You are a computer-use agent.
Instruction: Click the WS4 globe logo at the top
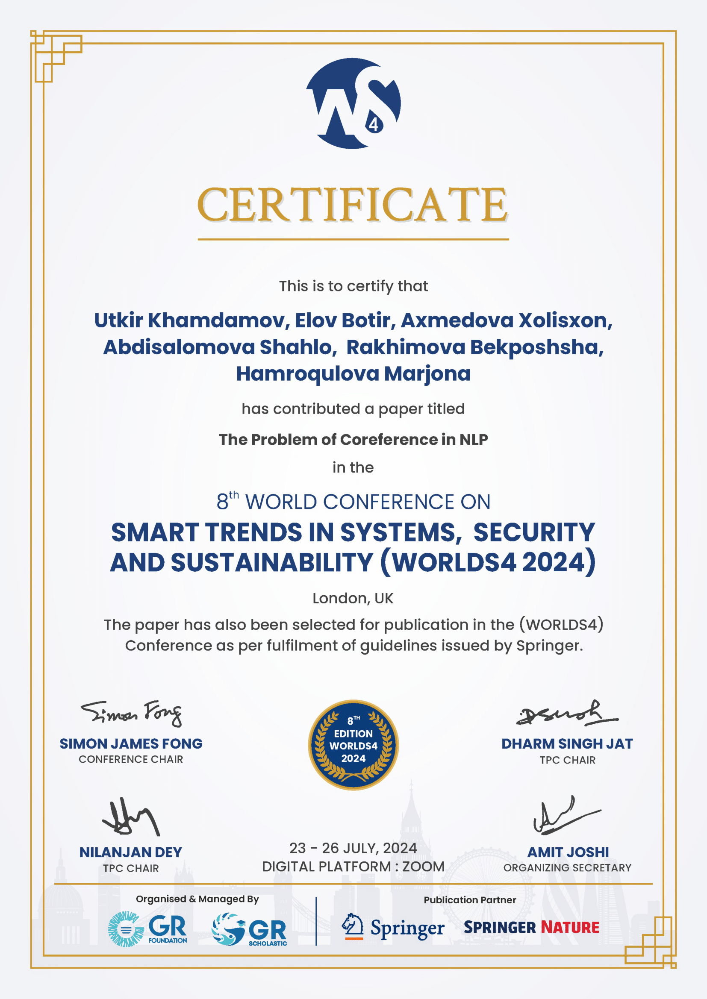[x=353, y=103]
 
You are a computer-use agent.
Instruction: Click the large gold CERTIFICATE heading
[x=353, y=205]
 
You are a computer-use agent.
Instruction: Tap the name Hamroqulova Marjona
[x=353, y=374]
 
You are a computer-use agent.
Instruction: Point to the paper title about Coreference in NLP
[x=353, y=439]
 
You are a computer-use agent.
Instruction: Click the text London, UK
[x=353, y=598]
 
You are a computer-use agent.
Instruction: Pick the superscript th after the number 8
[x=234, y=495]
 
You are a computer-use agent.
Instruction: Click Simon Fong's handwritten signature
[x=131, y=714]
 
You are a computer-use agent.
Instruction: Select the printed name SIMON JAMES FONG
[x=131, y=743]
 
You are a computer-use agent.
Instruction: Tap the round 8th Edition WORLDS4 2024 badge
[x=353, y=745]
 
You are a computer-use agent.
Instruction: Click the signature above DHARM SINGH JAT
[x=566, y=714]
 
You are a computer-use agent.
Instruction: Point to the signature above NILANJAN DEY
[x=131, y=817]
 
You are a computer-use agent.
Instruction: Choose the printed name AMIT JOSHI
[x=568, y=852]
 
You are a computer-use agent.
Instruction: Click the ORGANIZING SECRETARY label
[x=567, y=867]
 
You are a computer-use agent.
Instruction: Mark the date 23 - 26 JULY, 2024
[x=353, y=848]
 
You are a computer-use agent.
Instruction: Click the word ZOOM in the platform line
[x=423, y=866]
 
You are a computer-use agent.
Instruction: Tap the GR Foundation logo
[x=147, y=929]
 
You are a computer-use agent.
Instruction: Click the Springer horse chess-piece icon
[x=353, y=926]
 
